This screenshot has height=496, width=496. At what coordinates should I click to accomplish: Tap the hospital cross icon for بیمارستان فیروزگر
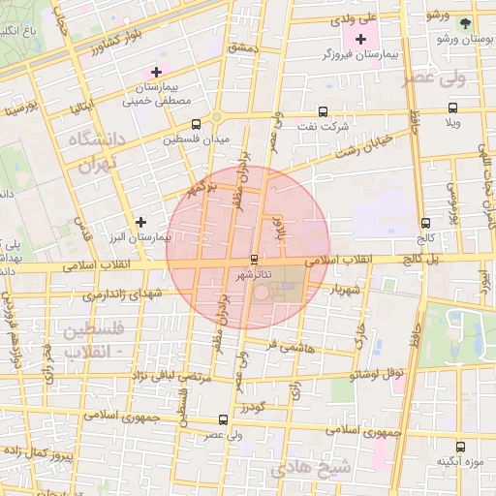tap(362, 40)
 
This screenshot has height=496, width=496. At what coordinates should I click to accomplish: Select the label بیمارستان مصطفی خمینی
tap(157, 93)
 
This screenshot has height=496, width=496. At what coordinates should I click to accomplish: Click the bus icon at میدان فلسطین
tap(198, 124)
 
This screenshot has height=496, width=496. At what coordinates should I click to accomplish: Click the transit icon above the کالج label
tap(427, 223)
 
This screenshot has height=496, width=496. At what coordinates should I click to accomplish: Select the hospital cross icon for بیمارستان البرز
tap(142, 222)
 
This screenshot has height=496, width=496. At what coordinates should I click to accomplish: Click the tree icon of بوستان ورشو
tap(466, 22)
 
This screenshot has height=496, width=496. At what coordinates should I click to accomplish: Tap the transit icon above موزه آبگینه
tap(460, 447)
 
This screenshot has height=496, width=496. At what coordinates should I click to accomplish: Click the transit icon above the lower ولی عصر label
tap(225, 419)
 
